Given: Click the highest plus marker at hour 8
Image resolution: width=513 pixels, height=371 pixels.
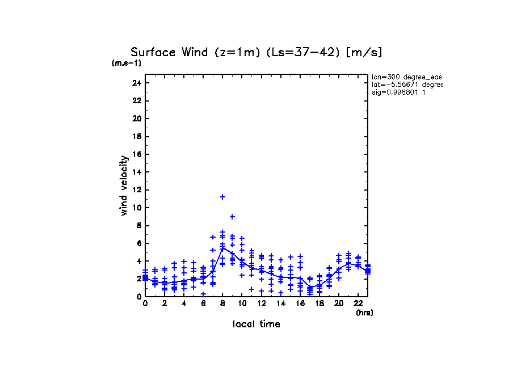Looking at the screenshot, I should click(222, 197).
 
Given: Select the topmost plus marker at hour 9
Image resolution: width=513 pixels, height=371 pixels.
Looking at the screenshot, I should click(232, 217).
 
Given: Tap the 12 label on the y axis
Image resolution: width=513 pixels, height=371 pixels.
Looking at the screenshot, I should click(137, 190).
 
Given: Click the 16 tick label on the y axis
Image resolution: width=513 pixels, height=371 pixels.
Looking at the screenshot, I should click(137, 154).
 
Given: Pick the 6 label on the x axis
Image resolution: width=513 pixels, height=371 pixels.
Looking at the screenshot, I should click(203, 304).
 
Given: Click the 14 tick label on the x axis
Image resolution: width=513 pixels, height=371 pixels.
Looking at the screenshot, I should click(280, 304).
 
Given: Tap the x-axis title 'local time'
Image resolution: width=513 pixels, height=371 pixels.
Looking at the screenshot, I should click(256, 324).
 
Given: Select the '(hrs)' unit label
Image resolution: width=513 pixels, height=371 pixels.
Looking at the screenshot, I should click(364, 313).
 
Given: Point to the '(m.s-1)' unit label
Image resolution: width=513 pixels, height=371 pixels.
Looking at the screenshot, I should click(127, 63).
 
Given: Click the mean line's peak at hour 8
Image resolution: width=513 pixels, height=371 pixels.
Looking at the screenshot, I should click(222, 247).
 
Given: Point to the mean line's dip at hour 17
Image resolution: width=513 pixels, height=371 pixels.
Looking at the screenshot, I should click(309, 288).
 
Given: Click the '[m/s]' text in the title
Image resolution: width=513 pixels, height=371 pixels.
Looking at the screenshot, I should click(367, 53).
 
